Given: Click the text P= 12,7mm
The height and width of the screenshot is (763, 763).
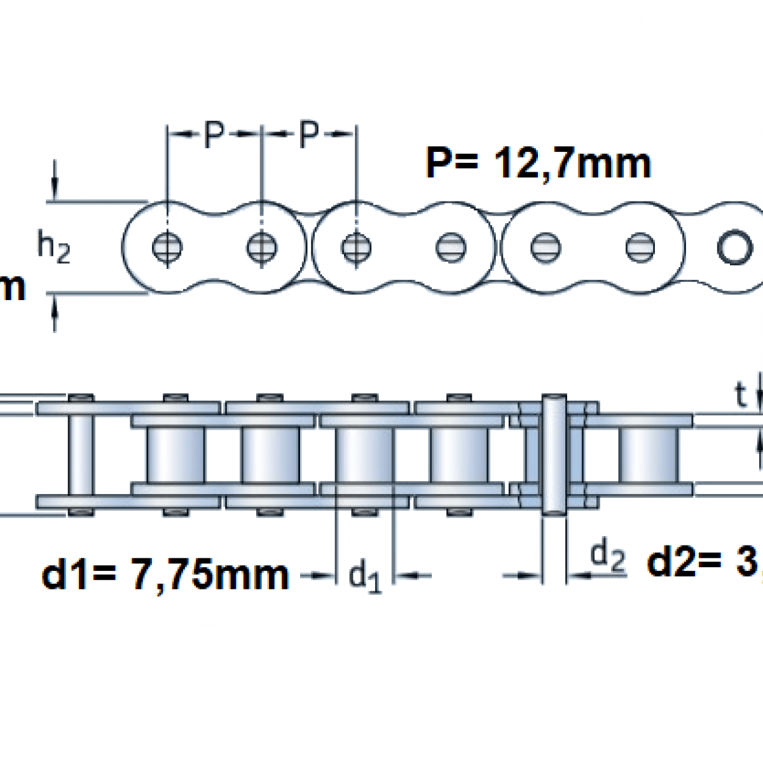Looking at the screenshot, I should pos(538,163).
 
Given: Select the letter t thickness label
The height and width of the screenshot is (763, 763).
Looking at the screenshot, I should pos(739,395).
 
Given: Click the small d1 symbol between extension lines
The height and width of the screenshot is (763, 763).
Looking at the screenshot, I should pos(366,576).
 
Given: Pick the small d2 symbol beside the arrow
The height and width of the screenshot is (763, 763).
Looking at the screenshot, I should pos(607,556).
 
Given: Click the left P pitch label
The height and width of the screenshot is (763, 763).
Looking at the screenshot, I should pos(214,134).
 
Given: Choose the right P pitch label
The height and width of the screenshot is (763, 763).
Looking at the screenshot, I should pos(308,134).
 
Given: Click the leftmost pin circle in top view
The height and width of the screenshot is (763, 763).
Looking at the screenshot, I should pos(167,247).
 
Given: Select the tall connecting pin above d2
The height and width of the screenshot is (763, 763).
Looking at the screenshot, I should pos(553,455).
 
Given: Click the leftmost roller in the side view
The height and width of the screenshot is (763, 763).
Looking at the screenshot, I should pos(176,455).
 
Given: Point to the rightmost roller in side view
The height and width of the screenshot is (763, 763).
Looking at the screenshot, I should pos(648,455).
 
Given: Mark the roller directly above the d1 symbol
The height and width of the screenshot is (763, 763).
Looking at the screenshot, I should pos(364,455).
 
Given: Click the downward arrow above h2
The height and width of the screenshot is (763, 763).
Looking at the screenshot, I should pos(55,181).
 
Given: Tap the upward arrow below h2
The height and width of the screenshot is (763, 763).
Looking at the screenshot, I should pos(55,315).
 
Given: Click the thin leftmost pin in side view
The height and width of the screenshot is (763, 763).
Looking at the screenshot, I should pos(81,455).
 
